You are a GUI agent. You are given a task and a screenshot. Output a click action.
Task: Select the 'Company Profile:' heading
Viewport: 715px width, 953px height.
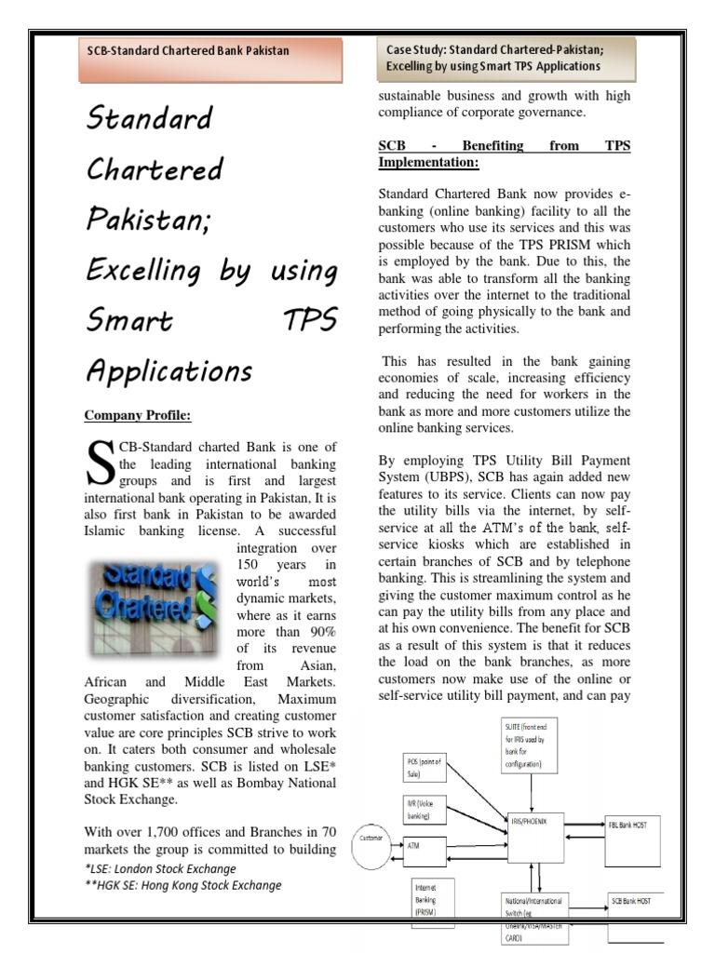[139, 414]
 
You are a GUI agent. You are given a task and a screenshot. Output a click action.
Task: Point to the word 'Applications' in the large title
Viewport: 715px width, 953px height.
[169, 371]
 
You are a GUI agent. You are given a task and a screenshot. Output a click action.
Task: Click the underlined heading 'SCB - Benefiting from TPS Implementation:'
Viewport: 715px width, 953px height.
[504, 154]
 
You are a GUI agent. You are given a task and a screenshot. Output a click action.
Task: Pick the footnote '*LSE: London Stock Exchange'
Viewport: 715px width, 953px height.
[159, 868]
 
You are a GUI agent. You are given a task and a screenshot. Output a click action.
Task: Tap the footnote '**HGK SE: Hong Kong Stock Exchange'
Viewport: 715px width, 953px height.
[182, 885]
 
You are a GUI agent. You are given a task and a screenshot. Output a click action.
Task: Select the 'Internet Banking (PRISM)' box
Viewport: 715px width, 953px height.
[431, 900]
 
